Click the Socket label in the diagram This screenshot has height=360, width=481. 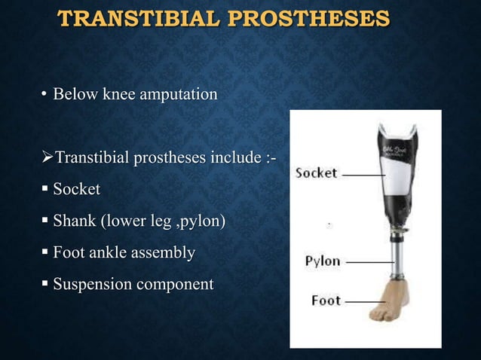click(x=316, y=173)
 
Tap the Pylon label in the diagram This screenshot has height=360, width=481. click(x=323, y=262)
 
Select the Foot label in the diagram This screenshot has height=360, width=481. click(x=326, y=301)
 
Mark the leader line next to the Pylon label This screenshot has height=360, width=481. click(x=365, y=262)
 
